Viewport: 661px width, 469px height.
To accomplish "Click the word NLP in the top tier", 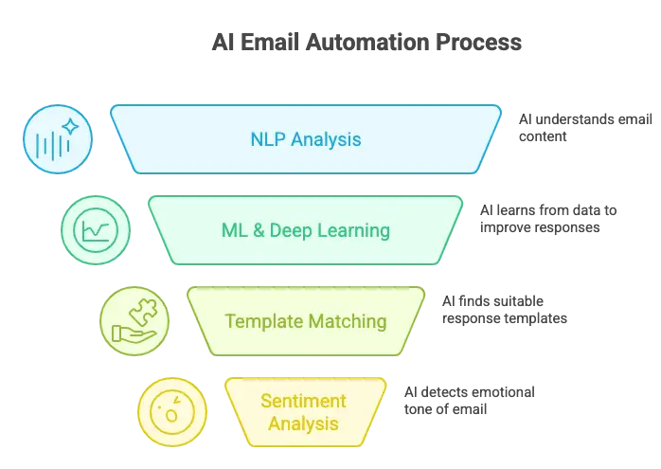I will (268, 140).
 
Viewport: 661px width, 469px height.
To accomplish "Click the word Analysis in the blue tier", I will (326, 140).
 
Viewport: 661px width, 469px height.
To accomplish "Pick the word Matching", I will (348, 321).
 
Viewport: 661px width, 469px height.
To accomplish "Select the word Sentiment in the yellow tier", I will (303, 401).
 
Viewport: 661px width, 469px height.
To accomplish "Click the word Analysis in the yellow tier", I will (303, 424).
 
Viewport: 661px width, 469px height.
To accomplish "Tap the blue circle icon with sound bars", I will (59, 140).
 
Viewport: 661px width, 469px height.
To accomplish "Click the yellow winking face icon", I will (171, 412).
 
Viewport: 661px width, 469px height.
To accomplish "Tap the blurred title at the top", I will (364, 42).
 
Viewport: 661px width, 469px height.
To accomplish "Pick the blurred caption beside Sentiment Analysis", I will (470, 398).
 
